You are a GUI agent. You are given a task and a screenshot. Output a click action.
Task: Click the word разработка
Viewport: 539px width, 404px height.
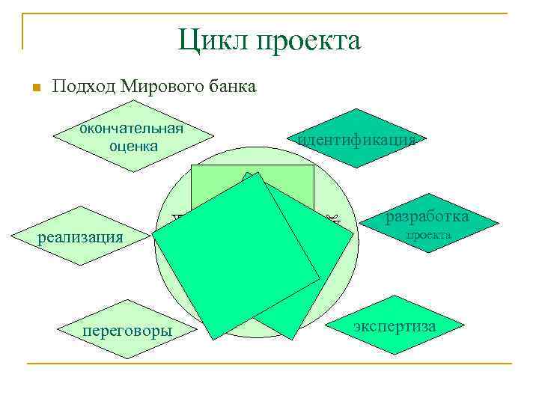427,217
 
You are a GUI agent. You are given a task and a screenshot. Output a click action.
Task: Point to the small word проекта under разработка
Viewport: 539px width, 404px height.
428,234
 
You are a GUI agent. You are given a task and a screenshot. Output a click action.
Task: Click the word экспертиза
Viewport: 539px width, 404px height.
395,326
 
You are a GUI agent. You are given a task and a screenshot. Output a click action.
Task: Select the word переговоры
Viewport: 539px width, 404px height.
126,330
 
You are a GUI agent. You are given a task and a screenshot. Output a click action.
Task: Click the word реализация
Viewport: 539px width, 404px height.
80,237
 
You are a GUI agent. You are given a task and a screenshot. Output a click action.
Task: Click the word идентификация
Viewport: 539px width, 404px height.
356,139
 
